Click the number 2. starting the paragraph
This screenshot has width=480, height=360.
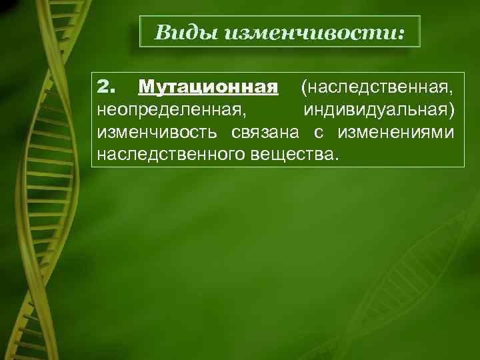(106, 87)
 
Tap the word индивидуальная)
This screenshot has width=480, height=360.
(379, 109)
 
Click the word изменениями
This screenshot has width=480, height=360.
(397, 132)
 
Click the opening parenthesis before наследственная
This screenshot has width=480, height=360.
(304, 87)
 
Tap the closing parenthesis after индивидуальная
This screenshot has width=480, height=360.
(453, 110)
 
